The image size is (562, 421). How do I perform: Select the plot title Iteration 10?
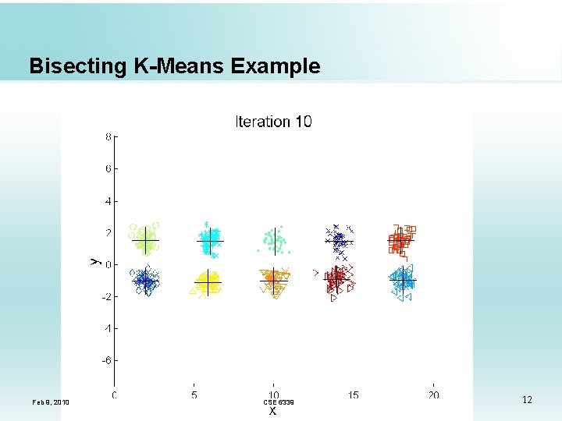point(273,122)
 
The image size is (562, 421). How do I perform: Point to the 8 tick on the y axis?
point(108,136)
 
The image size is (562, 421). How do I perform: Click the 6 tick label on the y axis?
point(108,168)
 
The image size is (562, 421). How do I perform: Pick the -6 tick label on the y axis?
point(107,361)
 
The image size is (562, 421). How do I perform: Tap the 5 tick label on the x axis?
point(194,395)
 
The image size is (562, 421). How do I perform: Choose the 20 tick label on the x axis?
point(433,395)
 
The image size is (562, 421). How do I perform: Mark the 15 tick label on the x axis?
point(354,395)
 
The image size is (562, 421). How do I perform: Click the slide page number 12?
point(527,400)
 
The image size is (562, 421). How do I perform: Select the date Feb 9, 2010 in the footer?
point(51,402)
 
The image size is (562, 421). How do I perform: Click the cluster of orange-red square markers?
point(401,240)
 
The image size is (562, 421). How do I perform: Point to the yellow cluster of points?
point(207,281)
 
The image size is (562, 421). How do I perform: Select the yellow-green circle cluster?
point(144,239)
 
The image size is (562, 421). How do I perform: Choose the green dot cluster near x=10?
point(273,241)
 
